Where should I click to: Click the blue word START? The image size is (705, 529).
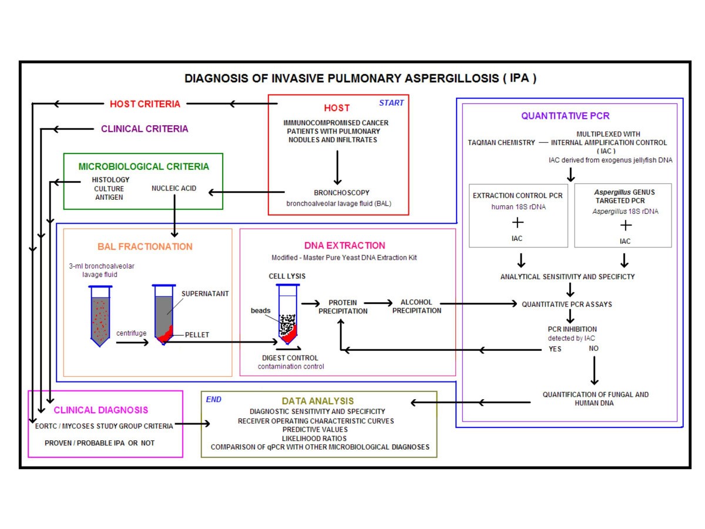point(391,103)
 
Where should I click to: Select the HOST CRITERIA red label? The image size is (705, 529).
point(145,104)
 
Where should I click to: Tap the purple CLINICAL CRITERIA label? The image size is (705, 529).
point(145,129)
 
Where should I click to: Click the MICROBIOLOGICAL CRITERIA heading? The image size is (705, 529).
point(143,166)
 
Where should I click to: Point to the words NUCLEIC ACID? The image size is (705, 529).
point(174,189)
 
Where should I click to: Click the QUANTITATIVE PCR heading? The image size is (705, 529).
point(569,116)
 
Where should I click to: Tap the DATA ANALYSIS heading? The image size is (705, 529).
point(317,401)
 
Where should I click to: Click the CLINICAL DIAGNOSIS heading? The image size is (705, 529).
point(101,410)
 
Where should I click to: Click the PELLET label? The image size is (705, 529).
point(197,334)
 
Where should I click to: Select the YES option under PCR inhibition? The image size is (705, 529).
point(555,349)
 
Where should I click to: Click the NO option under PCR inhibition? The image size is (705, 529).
point(594,349)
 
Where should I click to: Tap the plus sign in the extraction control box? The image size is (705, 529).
point(518,223)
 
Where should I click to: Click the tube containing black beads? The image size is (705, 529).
point(287,318)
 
